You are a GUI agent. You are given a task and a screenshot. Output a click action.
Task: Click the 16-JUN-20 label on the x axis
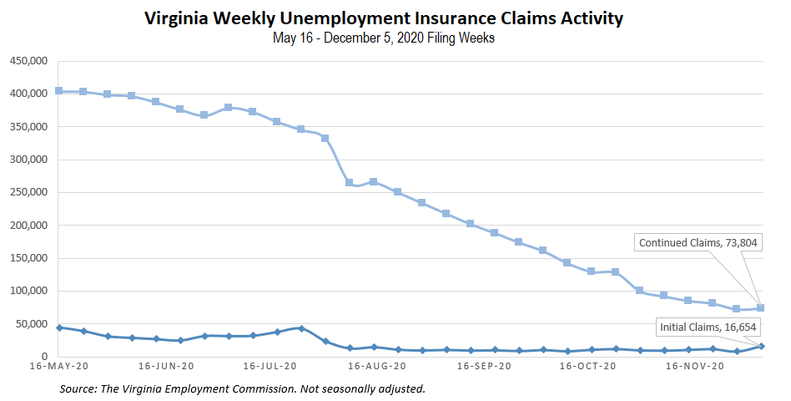tap(167, 366)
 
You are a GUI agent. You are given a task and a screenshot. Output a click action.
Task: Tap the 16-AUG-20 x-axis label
tap(377, 366)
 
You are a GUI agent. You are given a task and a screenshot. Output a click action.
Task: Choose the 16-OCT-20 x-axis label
tap(588, 366)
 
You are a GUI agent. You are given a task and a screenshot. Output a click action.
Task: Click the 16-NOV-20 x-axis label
tap(695, 366)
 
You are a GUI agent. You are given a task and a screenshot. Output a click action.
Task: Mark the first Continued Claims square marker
tap(58, 90)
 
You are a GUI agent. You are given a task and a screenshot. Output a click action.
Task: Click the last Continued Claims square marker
tap(761, 308)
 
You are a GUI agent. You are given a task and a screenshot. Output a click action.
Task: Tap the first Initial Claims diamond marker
tap(58, 327)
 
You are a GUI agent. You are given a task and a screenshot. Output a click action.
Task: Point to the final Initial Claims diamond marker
tap(761, 346)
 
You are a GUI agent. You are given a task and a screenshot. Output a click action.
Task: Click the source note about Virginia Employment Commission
tap(243, 388)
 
